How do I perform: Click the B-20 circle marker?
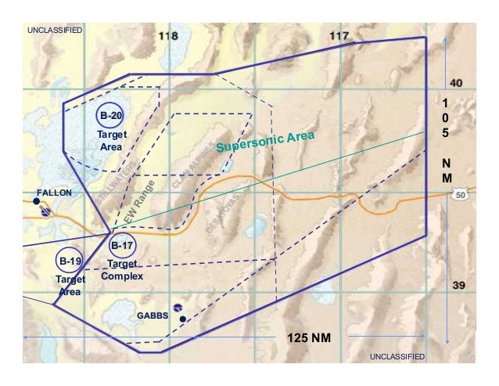point(110,115)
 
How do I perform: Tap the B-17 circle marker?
point(122,246)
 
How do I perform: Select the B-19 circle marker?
point(70,260)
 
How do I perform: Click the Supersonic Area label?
point(265,142)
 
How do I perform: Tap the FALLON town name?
point(54,192)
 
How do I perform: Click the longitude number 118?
point(168,37)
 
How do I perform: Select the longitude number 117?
point(339,36)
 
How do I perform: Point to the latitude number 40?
point(458,83)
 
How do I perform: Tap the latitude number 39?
point(460,285)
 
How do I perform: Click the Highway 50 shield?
point(459,194)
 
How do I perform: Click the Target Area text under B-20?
point(111,141)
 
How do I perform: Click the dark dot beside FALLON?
point(37,202)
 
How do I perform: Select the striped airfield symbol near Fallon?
point(47,211)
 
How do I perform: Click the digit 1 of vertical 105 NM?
point(445,103)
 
